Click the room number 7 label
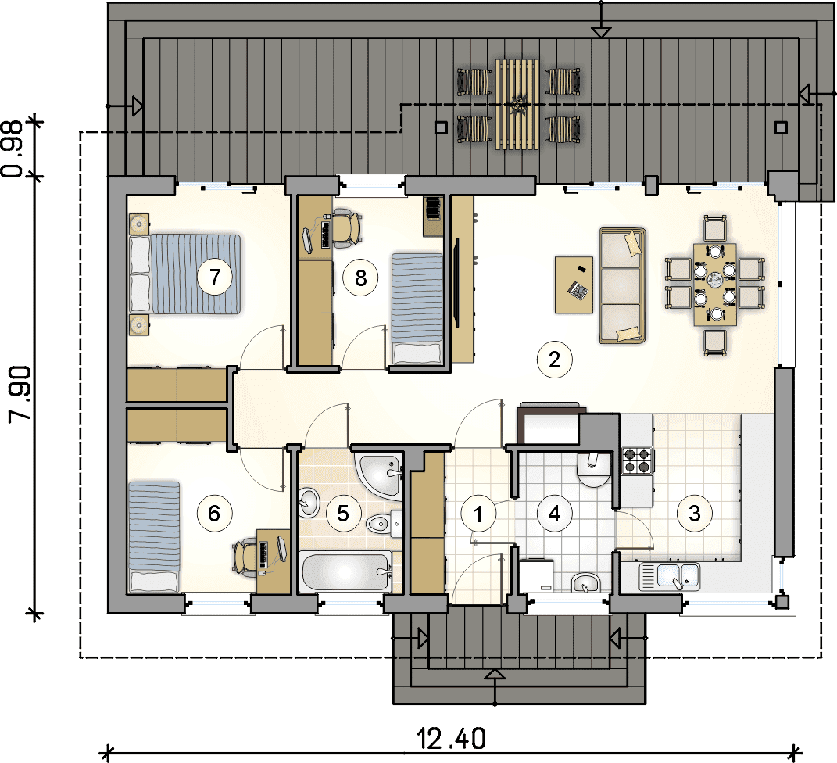click(215, 277)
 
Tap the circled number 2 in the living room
click(554, 360)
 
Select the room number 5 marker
click(343, 513)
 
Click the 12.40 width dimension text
click(451, 739)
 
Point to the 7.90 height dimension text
click(21, 394)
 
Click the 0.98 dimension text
click(12, 149)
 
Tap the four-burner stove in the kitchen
click(638, 461)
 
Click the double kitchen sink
click(670, 577)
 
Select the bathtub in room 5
click(345, 571)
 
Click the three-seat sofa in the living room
click(622, 285)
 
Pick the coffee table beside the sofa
click(574, 285)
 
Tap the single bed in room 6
click(154, 536)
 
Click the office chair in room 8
click(346, 227)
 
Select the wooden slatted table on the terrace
click(516, 104)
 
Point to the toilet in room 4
click(593, 470)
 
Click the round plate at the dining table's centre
click(714, 278)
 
